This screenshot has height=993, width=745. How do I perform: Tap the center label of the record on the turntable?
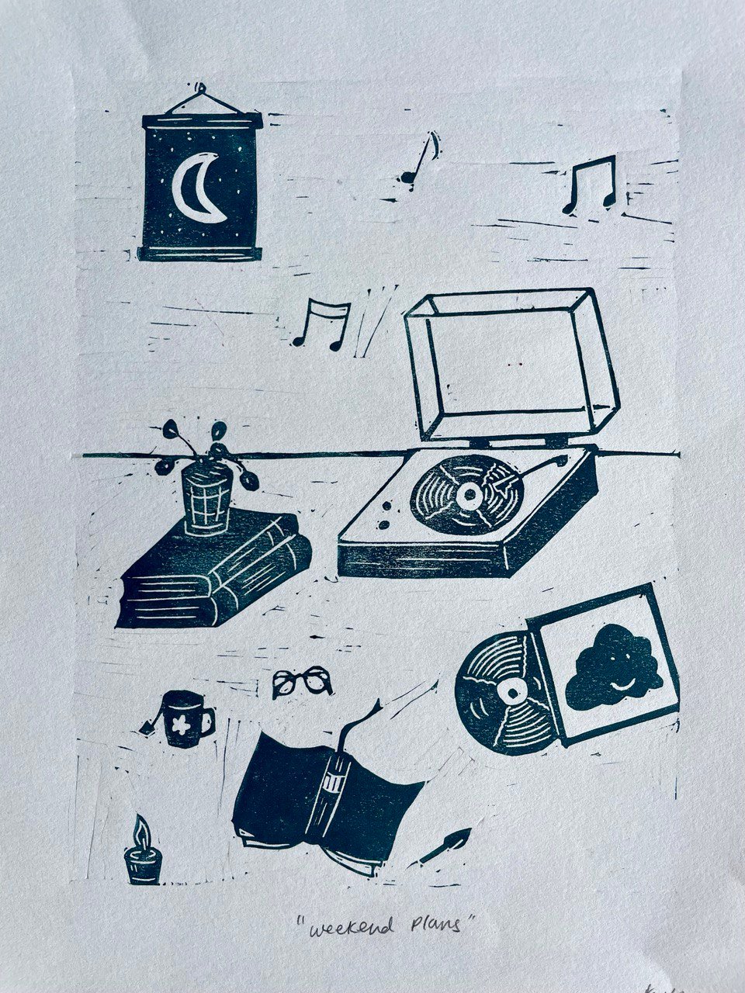pyautogui.click(x=468, y=494)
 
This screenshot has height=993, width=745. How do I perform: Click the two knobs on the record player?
pyautogui.click(x=386, y=514)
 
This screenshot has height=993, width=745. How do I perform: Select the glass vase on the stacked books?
pyautogui.click(x=206, y=499)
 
